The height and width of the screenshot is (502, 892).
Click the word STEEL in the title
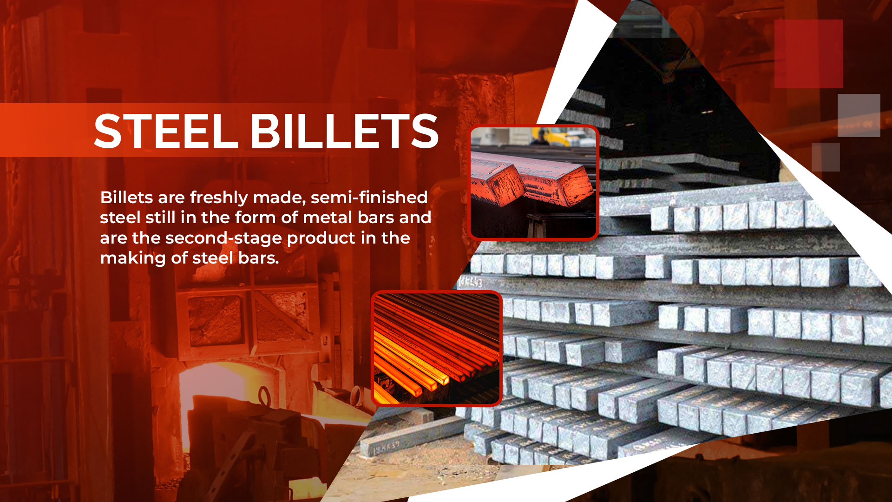tap(166, 131)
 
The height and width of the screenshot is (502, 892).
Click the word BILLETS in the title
tap(345, 131)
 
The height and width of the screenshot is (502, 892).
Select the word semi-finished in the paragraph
tap(369, 197)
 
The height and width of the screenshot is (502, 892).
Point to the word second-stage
tap(224, 238)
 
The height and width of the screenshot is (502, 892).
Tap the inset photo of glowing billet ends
tap(533, 182)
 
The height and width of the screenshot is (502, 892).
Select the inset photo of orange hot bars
tap(437, 348)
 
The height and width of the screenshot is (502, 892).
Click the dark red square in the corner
tap(808, 54)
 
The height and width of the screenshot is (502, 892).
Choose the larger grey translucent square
tap(859, 115)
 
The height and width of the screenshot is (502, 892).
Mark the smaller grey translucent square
tap(826, 157)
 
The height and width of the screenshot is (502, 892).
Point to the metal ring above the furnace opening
tap(264, 396)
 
